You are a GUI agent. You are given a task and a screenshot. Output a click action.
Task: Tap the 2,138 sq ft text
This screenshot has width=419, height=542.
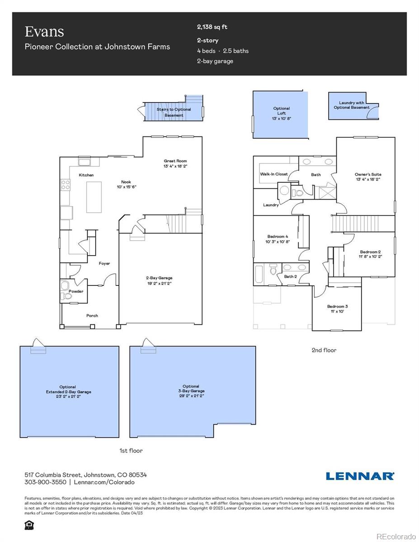pos(212,27)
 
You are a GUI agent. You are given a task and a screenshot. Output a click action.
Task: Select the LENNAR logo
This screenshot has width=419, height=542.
pos(360,476)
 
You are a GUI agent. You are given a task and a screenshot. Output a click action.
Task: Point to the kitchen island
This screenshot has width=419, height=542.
pos(94,196)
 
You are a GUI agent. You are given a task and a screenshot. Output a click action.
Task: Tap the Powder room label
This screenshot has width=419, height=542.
pos(76,291)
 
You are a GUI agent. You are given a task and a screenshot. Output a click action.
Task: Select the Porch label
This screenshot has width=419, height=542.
pos(92,316)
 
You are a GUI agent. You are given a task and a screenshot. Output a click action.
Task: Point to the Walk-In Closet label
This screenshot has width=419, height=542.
pos(273,174)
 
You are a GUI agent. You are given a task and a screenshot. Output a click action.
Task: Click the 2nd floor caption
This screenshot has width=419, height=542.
pos(324,350)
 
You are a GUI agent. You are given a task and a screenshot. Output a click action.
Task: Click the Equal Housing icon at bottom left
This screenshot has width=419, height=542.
pos(29,525)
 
